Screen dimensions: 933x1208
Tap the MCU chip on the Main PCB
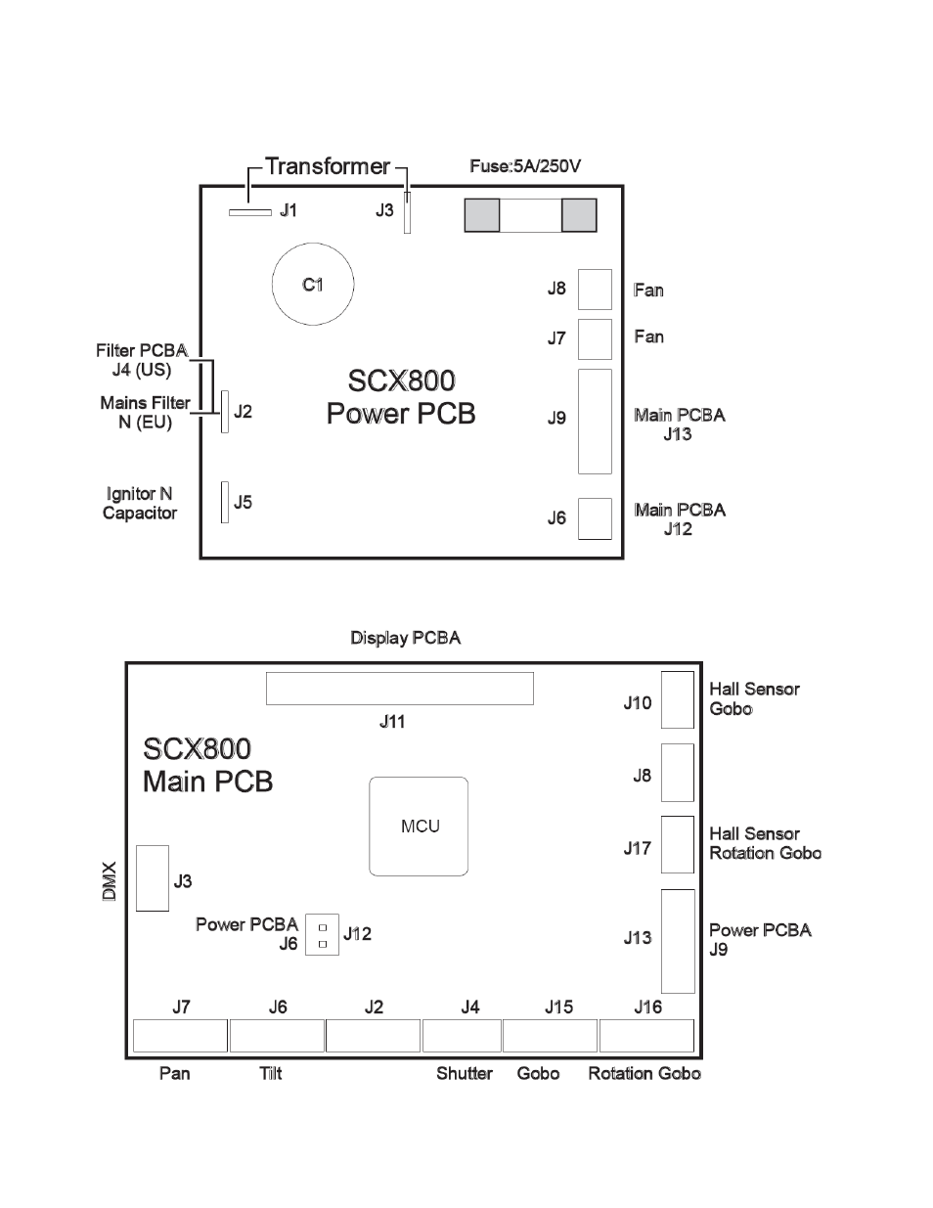click(x=419, y=827)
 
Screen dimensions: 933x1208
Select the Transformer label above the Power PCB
click(x=328, y=166)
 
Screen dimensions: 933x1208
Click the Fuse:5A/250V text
click(x=525, y=166)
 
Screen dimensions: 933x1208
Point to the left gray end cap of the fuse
click(x=482, y=215)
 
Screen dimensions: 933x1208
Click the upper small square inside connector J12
click(x=323, y=928)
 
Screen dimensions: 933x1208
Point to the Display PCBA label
click(x=406, y=638)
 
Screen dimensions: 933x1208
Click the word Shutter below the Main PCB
click(x=465, y=1073)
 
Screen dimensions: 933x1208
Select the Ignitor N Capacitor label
click(x=140, y=503)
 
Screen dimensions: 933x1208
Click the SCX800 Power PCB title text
click(x=401, y=397)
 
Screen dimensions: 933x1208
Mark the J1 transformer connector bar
click(x=250, y=212)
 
